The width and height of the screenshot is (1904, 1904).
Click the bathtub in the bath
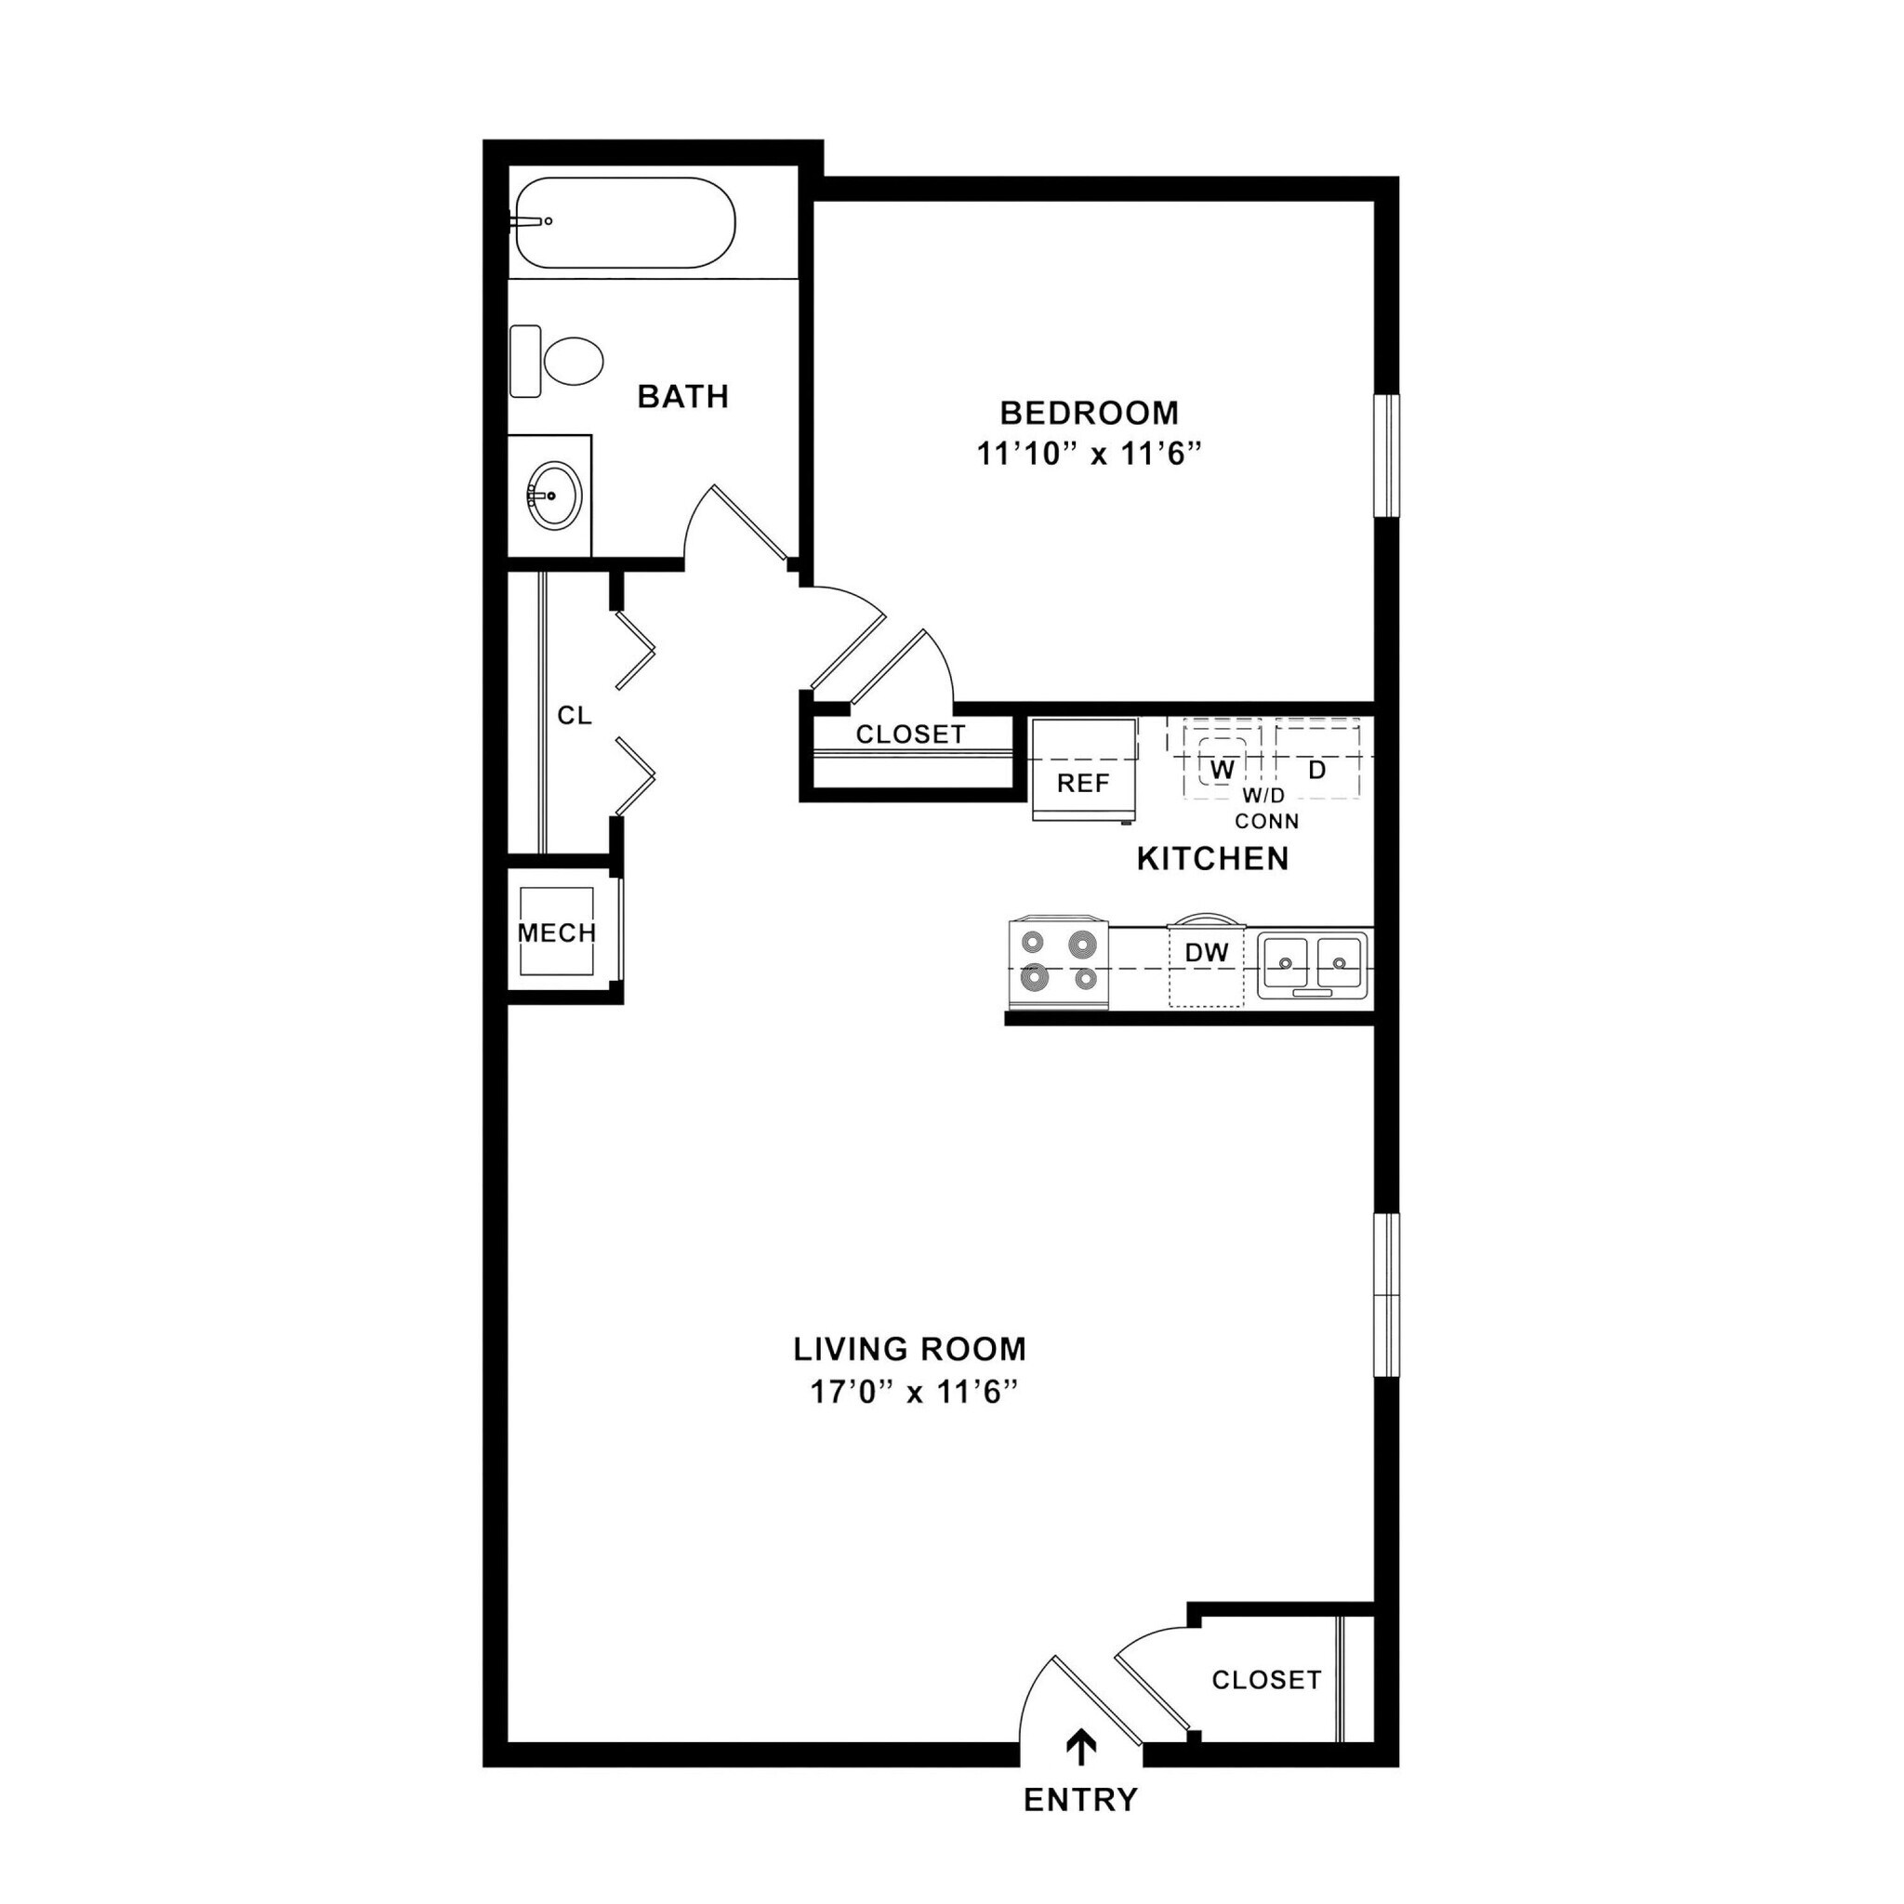tap(625, 223)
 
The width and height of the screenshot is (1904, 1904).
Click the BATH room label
tap(683, 397)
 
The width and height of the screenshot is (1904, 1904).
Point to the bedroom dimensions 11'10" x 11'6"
tap(1090, 455)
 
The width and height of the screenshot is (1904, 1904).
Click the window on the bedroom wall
tap(1386, 456)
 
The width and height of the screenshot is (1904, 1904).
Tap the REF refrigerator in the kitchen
tap(1083, 784)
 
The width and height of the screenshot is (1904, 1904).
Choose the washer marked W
tap(1222, 771)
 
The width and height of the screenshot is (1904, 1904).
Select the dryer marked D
tap(1316, 771)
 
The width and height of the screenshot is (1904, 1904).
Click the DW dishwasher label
tap(1206, 953)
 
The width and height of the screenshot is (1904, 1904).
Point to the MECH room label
tap(557, 932)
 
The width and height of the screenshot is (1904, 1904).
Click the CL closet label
tap(575, 717)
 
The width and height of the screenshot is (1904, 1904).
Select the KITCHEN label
tap(1212, 859)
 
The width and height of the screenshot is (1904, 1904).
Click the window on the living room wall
tap(1386, 1294)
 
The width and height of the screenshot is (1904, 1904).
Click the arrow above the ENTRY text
tap(1082, 1746)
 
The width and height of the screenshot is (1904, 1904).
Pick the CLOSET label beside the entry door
tap(1265, 1680)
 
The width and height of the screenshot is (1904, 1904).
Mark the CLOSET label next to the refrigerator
tap(909, 734)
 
